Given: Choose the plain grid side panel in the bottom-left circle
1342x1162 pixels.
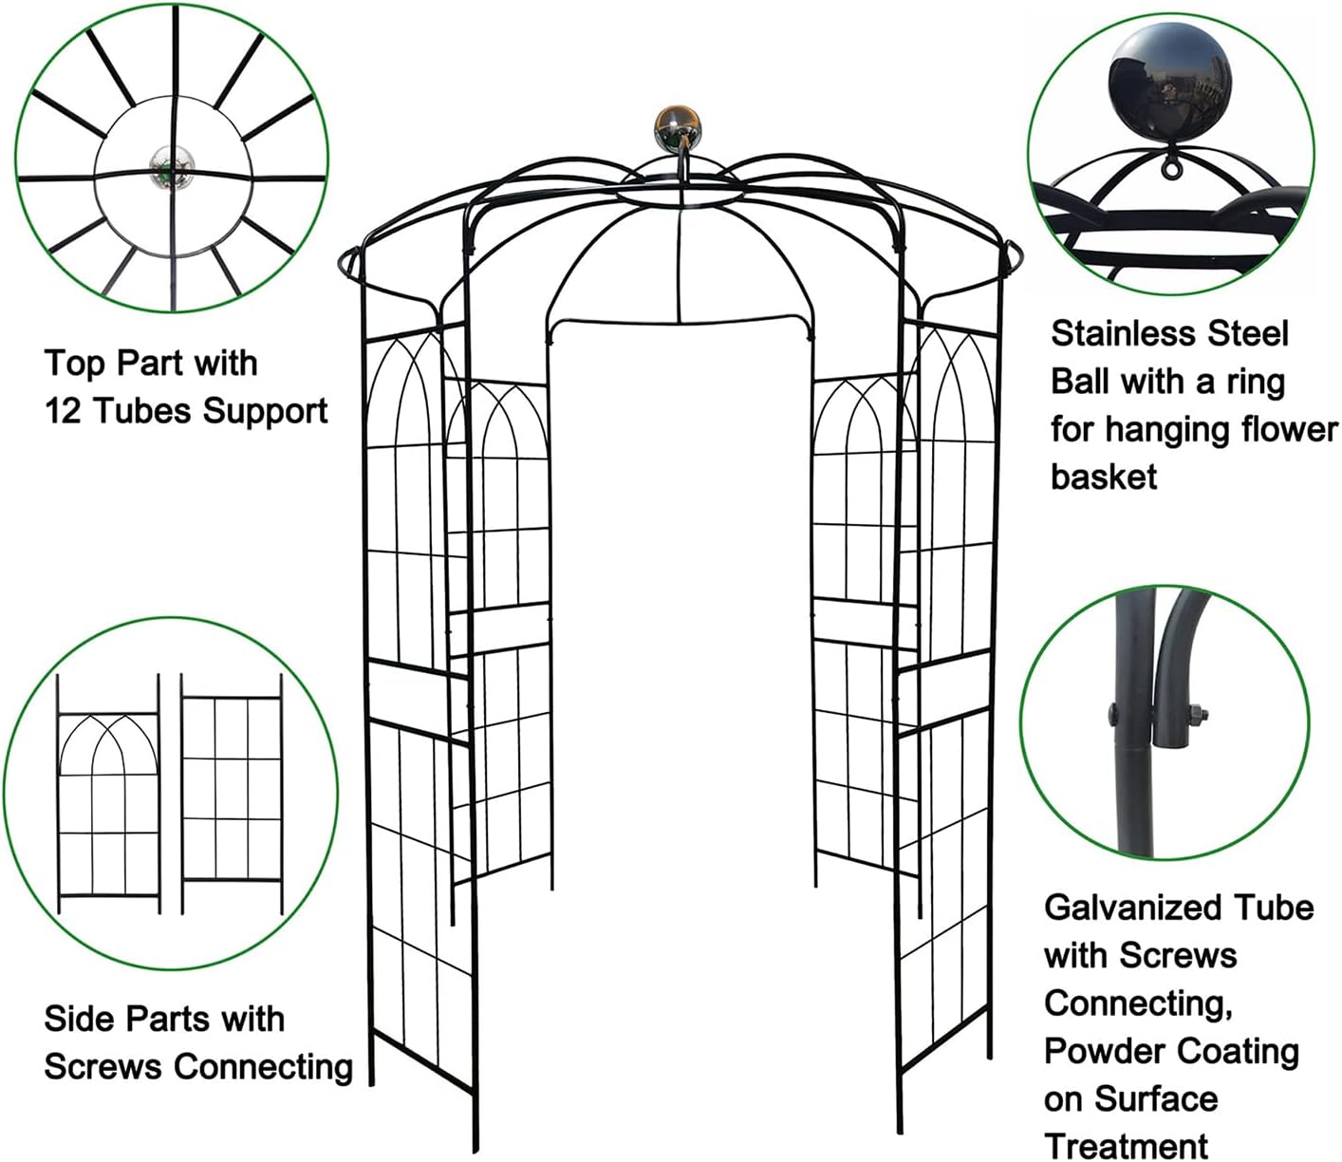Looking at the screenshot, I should (232, 792).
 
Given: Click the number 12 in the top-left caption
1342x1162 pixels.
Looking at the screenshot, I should (63, 411).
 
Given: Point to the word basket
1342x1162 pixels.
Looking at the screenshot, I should (1104, 477).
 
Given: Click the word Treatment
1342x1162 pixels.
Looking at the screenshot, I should (1127, 1146).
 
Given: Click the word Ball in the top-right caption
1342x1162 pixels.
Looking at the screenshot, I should (1079, 382).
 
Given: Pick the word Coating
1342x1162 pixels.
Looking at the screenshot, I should (1235, 1051).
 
